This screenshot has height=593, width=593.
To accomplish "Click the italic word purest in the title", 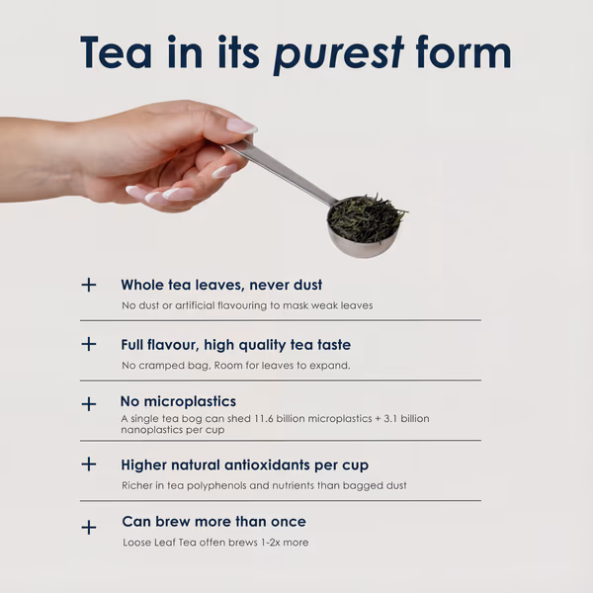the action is [x=338, y=53].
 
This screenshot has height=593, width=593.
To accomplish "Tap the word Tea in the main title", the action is [x=116, y=52].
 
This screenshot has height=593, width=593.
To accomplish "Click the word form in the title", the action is [x=464, y=51].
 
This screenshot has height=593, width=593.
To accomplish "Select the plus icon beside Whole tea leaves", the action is [x=89, y=285].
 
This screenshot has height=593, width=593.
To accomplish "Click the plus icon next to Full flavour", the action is [x=89, y=344].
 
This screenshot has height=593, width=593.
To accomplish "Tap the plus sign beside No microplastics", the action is [x=89, y=404].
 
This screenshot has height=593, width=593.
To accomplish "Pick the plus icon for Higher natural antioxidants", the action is [x=89, y=465].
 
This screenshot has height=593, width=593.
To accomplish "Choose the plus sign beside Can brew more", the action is [x=89, y=527].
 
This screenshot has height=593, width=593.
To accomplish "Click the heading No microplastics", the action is [x=178, y=401].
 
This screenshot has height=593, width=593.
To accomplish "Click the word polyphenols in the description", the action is [x=216, y=485].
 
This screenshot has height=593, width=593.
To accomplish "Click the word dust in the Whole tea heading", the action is [x=307, y=285].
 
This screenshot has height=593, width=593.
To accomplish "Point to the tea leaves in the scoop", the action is [x=365, y=218].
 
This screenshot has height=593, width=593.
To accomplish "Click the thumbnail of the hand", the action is [x=241, y=126].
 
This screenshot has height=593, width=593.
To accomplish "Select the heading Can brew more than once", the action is [x=214, y=522].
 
